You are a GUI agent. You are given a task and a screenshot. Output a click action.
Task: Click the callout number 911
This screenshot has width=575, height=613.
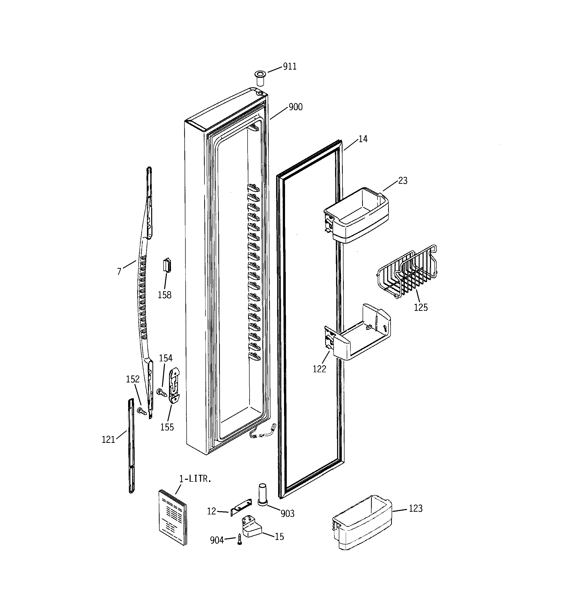(289, 67)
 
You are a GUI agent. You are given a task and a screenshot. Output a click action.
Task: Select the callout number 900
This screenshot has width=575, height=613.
(295, 107)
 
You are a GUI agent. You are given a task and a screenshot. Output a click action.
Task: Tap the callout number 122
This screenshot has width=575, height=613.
(319, 369)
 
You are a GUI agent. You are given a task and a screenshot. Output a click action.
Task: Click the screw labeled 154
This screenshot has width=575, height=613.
(161, 393)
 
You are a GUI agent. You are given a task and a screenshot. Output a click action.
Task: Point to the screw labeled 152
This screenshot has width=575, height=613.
(142, 411)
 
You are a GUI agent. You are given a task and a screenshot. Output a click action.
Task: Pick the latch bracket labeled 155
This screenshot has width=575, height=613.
(174, 385)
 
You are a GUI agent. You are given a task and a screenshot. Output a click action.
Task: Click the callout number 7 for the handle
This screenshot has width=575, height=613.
(119, 271)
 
